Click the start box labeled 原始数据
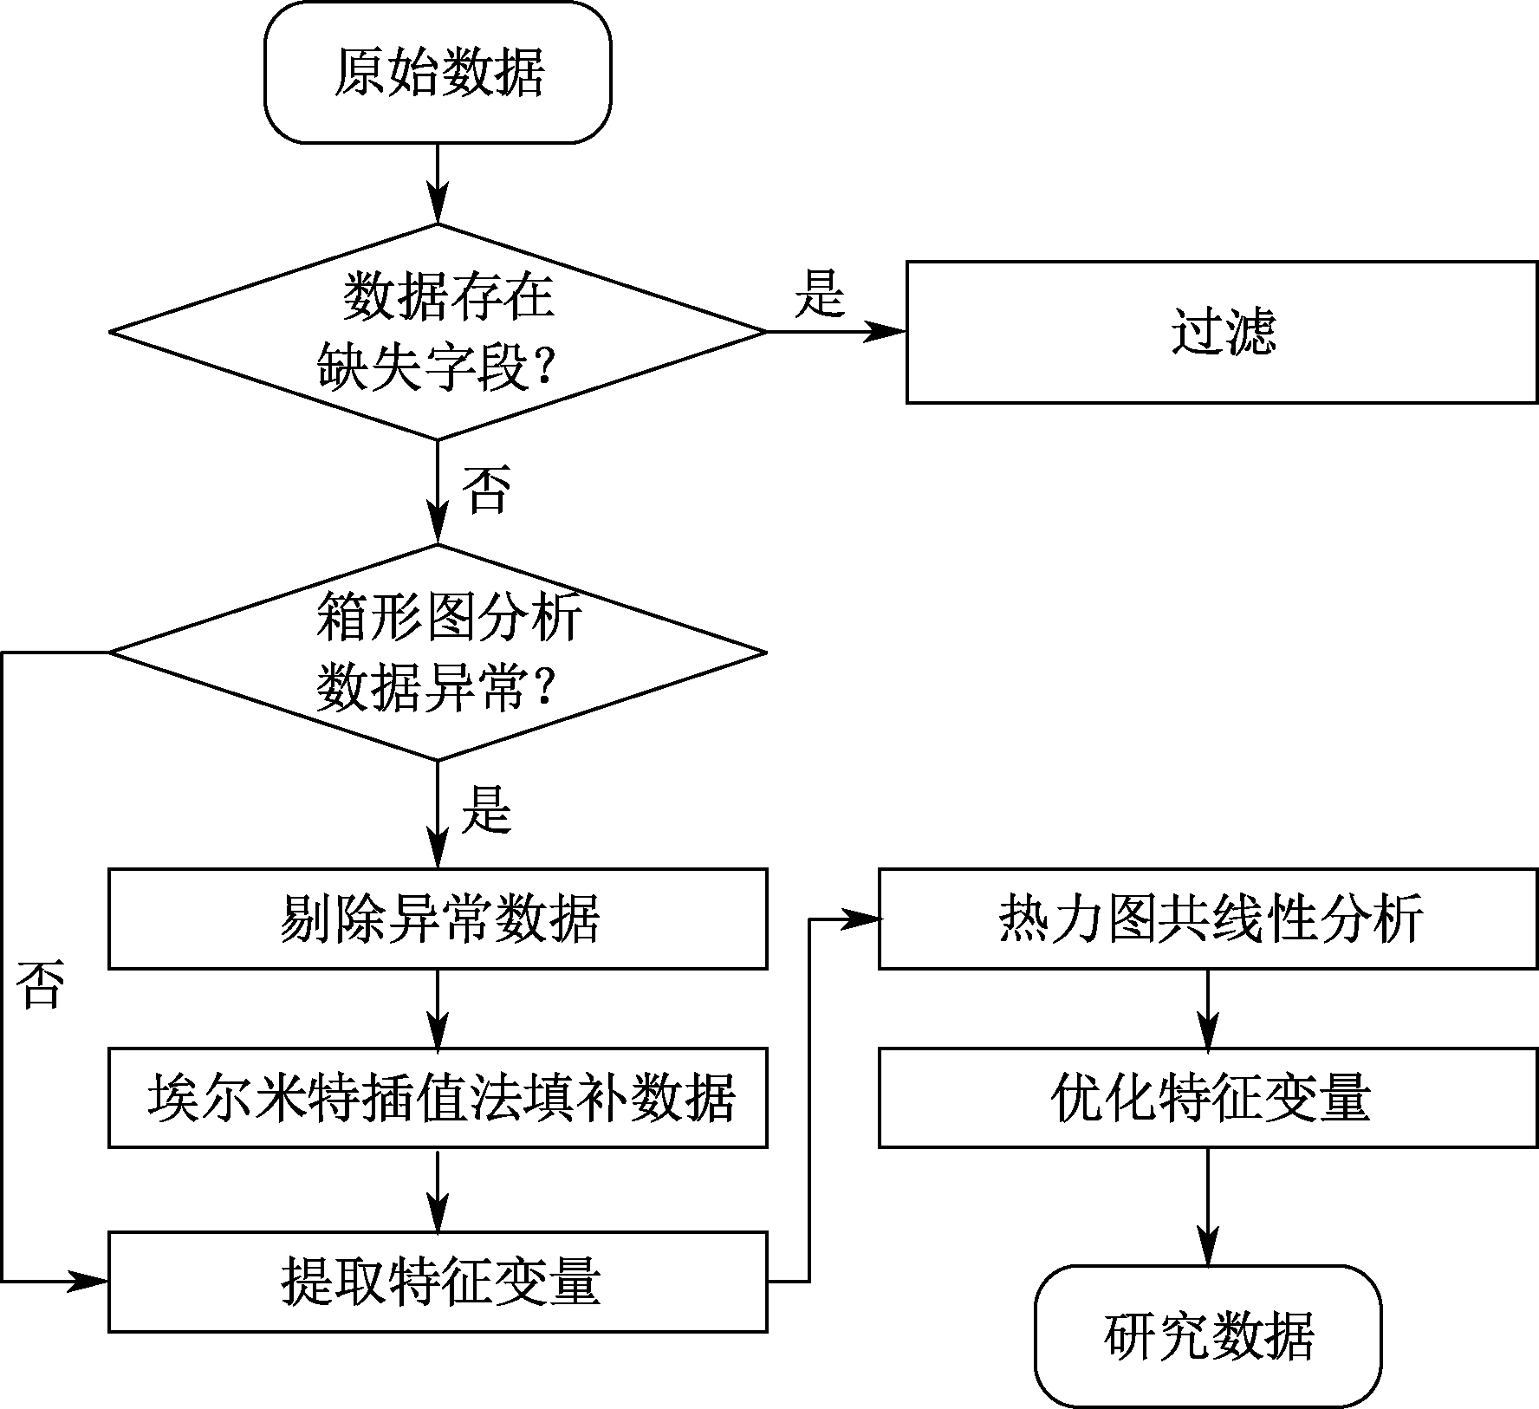[438, 72]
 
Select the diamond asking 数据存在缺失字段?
[438, 332]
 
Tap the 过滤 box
[1222, 332]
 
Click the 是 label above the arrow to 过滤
[820, 294]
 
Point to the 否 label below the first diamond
[486, 490]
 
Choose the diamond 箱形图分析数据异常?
[438, 653]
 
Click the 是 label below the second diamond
[487, 810]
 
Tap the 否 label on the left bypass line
[41, 985]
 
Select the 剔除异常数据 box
[438, 919]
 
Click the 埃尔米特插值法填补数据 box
[438, 1098]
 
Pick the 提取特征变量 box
[438, 1282]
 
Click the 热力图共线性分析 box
[1209, 919]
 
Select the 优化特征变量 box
[1209, 1098]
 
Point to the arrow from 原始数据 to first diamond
[438, 184]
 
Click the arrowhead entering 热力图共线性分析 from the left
[859, 919]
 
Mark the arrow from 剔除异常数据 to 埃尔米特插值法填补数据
[438, 1009]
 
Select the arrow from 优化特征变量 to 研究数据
[1208, 1207]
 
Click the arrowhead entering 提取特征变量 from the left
[88, 1282]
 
